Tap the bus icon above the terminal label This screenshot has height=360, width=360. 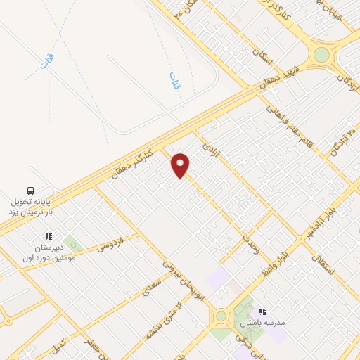click(x=30, y=191)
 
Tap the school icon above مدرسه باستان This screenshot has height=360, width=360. click(x=263, y=311)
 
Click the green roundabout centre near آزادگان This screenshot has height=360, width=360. click(x=321, y=55)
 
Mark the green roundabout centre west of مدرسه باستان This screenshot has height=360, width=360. click(x=222, y=316)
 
